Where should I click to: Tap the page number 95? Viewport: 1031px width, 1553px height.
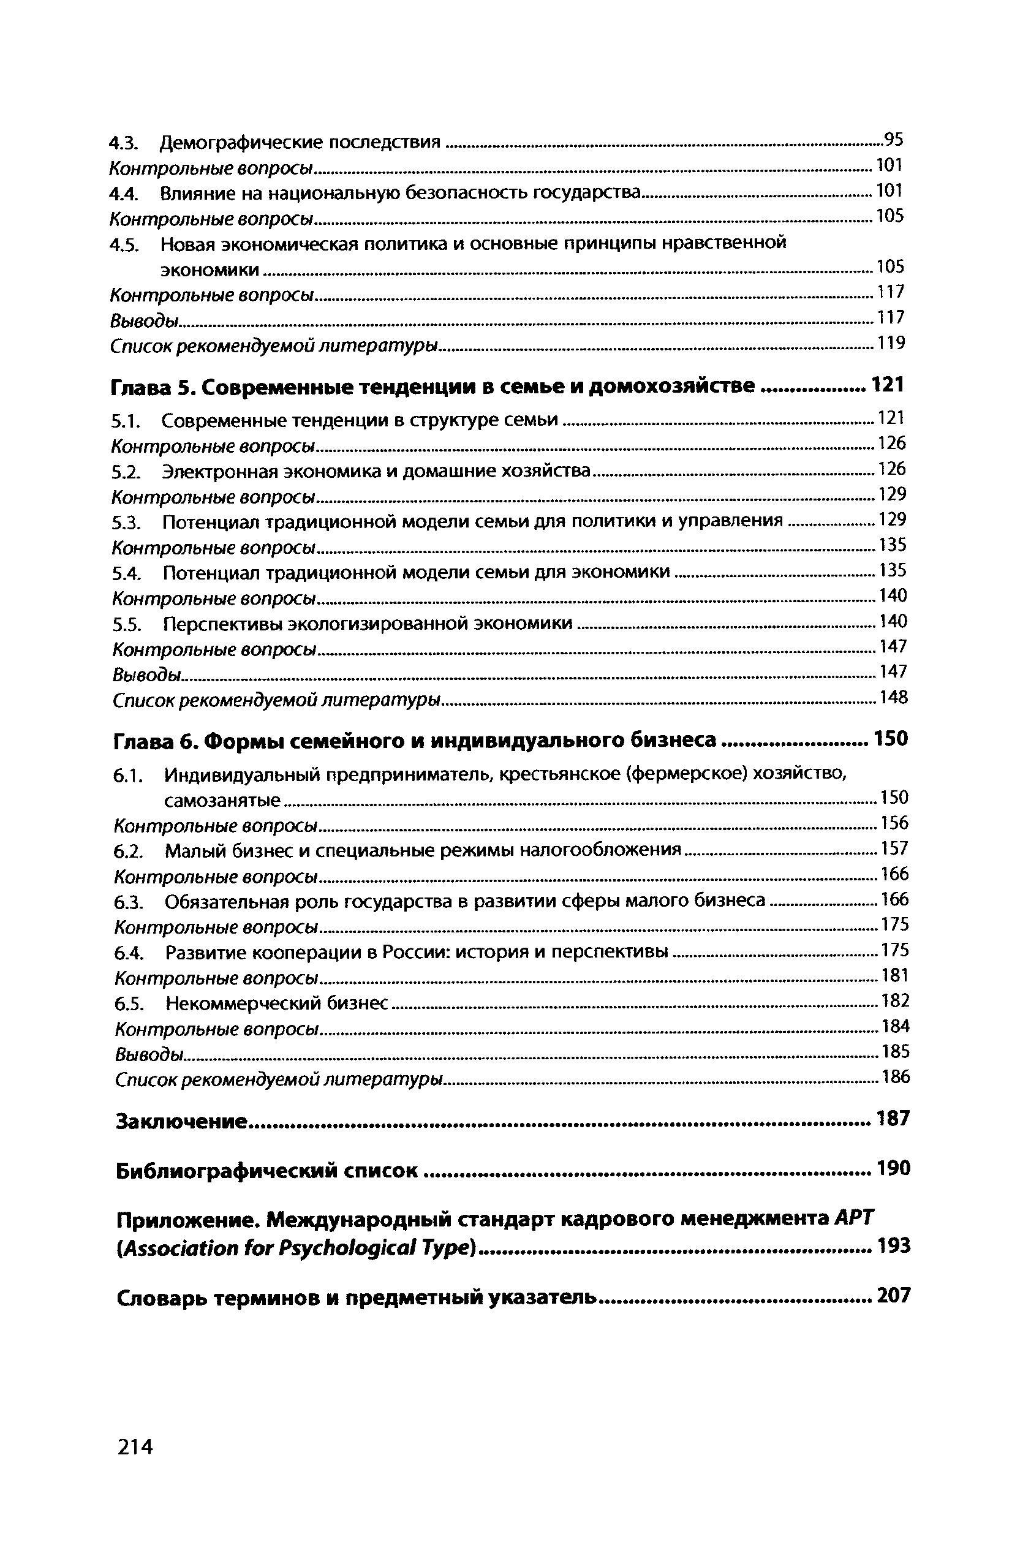point(894,140)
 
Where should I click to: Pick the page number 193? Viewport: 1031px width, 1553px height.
point(894,1245)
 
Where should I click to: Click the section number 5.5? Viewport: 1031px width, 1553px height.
point(126,623)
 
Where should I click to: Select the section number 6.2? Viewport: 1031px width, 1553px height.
point(127,851)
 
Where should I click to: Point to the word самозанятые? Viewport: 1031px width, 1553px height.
point(222,800)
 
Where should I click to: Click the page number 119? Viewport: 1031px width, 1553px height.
point(891,342)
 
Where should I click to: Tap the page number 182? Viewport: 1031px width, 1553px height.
point(895,1000)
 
